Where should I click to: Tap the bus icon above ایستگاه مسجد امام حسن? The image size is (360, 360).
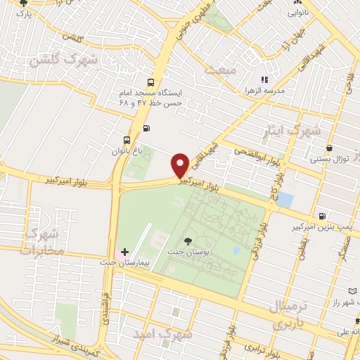click(151, 82)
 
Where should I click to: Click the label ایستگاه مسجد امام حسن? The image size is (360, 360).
click(152, 98)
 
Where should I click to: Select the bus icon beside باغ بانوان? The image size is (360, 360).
click(127, 139)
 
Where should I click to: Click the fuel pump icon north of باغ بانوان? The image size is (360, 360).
click(146, 127)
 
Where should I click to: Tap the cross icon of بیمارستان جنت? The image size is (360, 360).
click(124, 251)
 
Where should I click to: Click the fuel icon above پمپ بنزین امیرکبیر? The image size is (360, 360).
click(322, 216)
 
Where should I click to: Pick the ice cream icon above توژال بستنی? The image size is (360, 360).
click(330, 148)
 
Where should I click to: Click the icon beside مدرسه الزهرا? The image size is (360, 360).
click(265, 81)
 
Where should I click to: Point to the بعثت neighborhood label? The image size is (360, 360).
click(217, 70)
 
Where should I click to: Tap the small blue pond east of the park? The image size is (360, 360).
click(284, 199)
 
